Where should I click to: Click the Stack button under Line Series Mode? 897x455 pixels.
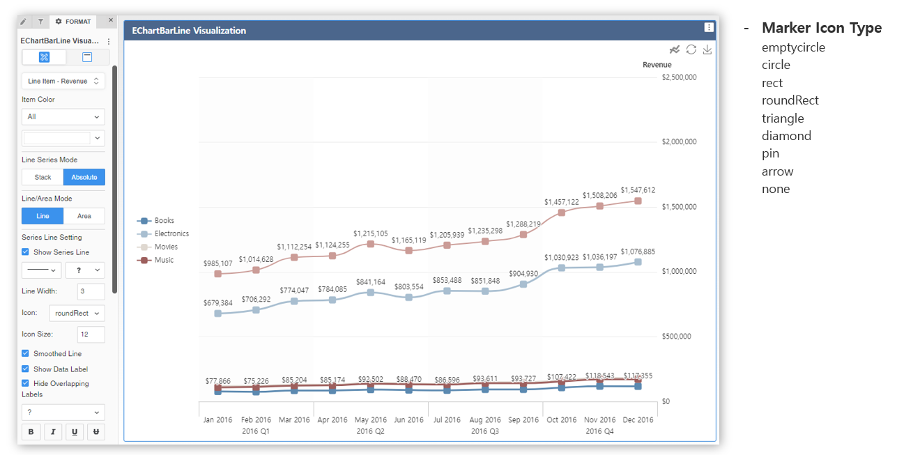[43, 177]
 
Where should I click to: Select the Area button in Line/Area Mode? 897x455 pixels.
[84, 216]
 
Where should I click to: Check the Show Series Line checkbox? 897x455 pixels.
[26, 252]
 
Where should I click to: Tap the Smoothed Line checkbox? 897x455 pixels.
[26, 354]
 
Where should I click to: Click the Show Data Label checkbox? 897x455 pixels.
[26, 369]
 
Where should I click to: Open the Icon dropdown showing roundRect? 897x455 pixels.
[77, 314]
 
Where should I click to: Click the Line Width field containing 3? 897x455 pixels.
[91, 291]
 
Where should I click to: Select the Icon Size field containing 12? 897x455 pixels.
[91, 334]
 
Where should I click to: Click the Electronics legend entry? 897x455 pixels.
[171, 234]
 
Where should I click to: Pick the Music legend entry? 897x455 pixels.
[164, 261]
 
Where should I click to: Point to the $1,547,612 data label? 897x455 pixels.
[638, 190]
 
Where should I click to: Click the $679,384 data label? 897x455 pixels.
[217, 303]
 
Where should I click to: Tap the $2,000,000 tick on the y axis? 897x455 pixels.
[679, 142]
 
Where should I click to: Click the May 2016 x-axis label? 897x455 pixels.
[370, 420]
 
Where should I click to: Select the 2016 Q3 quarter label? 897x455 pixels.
[484, 432]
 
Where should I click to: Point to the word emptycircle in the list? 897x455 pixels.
[793, 47]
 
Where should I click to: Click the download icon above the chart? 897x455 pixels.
[707, 49]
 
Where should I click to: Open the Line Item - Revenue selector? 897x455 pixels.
[63, 82]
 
